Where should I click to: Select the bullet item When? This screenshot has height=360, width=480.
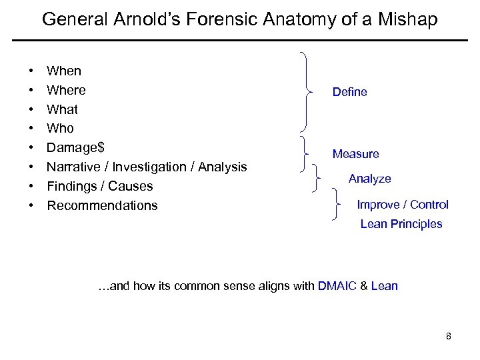click(64, 71)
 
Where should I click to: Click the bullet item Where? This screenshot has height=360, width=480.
click(66, 90)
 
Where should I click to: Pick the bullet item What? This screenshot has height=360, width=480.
click(62, 109)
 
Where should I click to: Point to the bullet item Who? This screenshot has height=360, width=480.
click(60, 128)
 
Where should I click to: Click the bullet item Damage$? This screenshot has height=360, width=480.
click(75, 147)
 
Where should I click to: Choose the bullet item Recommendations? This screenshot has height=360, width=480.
click(102, 205)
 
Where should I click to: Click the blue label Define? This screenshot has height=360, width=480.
click(350, 92)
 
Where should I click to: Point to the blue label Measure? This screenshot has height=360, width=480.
click(356, 154)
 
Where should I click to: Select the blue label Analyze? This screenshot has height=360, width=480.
click(370, 179)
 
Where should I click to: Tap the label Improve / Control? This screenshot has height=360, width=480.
click(403, 205)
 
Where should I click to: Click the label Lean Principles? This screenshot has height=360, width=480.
click(401, 224)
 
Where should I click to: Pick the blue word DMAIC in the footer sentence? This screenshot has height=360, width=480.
click(337, 286)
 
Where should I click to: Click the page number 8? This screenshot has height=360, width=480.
click(449, 336)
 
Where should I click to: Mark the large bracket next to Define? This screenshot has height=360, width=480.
click(306, 91)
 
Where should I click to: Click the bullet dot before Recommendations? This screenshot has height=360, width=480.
click(31, 205)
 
